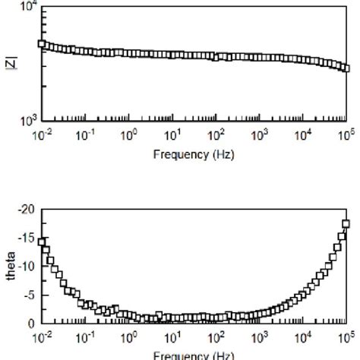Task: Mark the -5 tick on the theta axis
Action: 30,295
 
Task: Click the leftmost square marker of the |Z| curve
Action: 42,44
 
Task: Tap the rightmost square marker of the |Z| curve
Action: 346,68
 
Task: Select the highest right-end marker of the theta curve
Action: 346,224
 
